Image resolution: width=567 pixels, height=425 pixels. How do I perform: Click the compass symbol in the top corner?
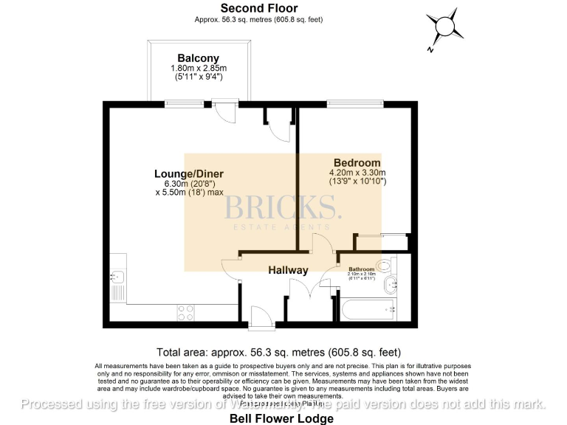click(x=445, y=28)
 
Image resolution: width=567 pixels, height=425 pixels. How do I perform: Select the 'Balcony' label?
click(x=198, y=58)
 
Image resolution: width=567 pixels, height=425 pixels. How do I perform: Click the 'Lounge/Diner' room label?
click(x=188, y=174)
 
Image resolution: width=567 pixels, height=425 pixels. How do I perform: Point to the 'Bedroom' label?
click(x=357, y=163)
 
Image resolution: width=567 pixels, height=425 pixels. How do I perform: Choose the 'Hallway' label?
click(x=288, y=270)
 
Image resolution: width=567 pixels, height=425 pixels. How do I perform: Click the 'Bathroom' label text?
click(x=362, y=269)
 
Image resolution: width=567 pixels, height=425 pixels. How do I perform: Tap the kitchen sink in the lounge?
click(x=117, y=277)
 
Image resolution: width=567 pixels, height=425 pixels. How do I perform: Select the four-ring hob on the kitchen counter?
click(x=185, y=312)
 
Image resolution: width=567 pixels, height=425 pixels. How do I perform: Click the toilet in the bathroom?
click(x=385, y=266)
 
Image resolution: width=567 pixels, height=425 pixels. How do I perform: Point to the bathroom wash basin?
click(x=396, y=283)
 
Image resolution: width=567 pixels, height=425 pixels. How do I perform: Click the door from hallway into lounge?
click(x=232, y=269)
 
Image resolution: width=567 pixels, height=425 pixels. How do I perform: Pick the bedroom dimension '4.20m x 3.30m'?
click(x=357, y=173)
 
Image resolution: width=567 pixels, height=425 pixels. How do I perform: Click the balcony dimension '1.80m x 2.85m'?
click(x=198, y=68)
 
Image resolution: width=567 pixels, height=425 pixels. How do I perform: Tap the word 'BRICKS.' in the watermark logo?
click(x=283, y=208)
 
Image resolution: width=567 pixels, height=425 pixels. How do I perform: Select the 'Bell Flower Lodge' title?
click(x=283, y=418)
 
